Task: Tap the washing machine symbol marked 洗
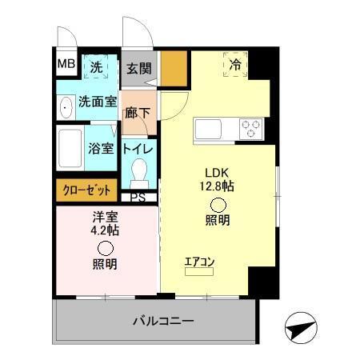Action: (x=95, y=68)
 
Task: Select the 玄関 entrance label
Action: (x=139, y=69)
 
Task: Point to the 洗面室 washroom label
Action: (x=98, y=103)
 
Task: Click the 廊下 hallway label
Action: (x=138, y=113)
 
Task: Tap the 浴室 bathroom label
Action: (x=101, y=148)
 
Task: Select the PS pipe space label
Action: (x=138, y=197)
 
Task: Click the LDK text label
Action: (x=218, y=172)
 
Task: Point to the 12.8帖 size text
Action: (x=217, y=186)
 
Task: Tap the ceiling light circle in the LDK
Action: (x=217, y=204)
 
